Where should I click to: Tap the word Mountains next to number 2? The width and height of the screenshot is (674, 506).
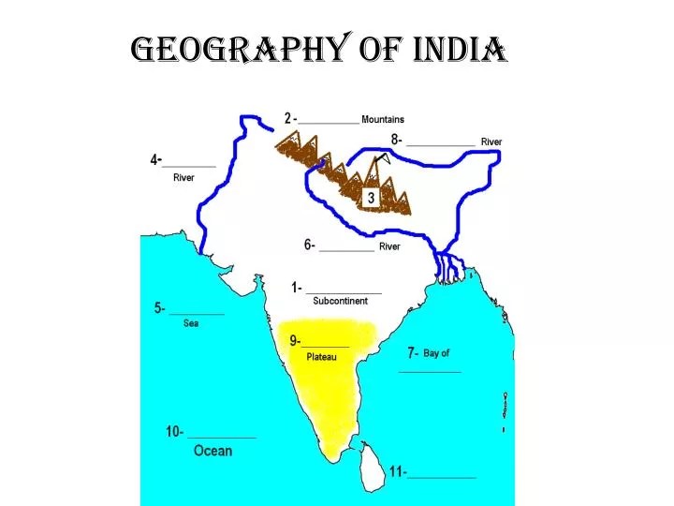point(383,119)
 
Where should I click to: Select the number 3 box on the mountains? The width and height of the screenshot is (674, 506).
point(371,198)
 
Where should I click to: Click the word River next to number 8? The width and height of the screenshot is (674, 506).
point(491,141)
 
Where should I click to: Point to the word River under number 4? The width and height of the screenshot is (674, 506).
point(183,178)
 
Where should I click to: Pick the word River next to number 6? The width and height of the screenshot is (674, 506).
point(389,246)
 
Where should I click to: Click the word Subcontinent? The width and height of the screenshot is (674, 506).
point(340,301)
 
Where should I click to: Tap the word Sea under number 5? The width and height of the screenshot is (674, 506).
point(191,323)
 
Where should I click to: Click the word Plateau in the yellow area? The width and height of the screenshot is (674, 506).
point(321,357)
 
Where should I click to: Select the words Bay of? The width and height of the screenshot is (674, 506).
point(436,353)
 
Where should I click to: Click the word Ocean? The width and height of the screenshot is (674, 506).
point(212,451)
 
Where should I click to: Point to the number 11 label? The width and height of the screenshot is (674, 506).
point(398,471)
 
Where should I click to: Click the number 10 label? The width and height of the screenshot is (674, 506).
point(174,432)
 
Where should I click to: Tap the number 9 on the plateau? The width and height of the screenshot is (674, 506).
point(294,340)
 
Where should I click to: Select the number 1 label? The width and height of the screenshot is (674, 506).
point(297,288)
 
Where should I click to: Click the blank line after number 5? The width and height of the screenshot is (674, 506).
point(197,313)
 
